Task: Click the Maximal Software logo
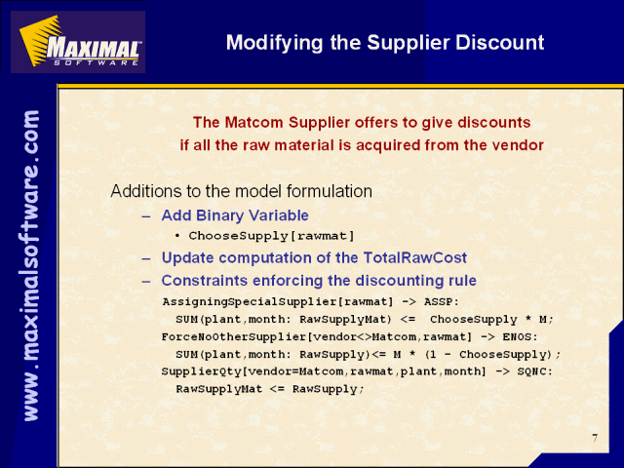[78, 42]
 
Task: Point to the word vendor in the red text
[518, 145]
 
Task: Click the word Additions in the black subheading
[145, 191]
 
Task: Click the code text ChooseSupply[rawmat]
[271, 236]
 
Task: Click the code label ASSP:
[442, 301]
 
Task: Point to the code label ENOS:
[520, 337]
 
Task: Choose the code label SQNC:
[535, 371]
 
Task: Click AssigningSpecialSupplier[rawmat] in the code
[278, 302]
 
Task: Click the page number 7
[595, 438]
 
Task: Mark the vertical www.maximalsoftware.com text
[31, 265]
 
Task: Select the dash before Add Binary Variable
[146, 216]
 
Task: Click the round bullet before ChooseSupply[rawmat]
[177, 236]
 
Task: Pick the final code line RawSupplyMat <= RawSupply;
[270, 389]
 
